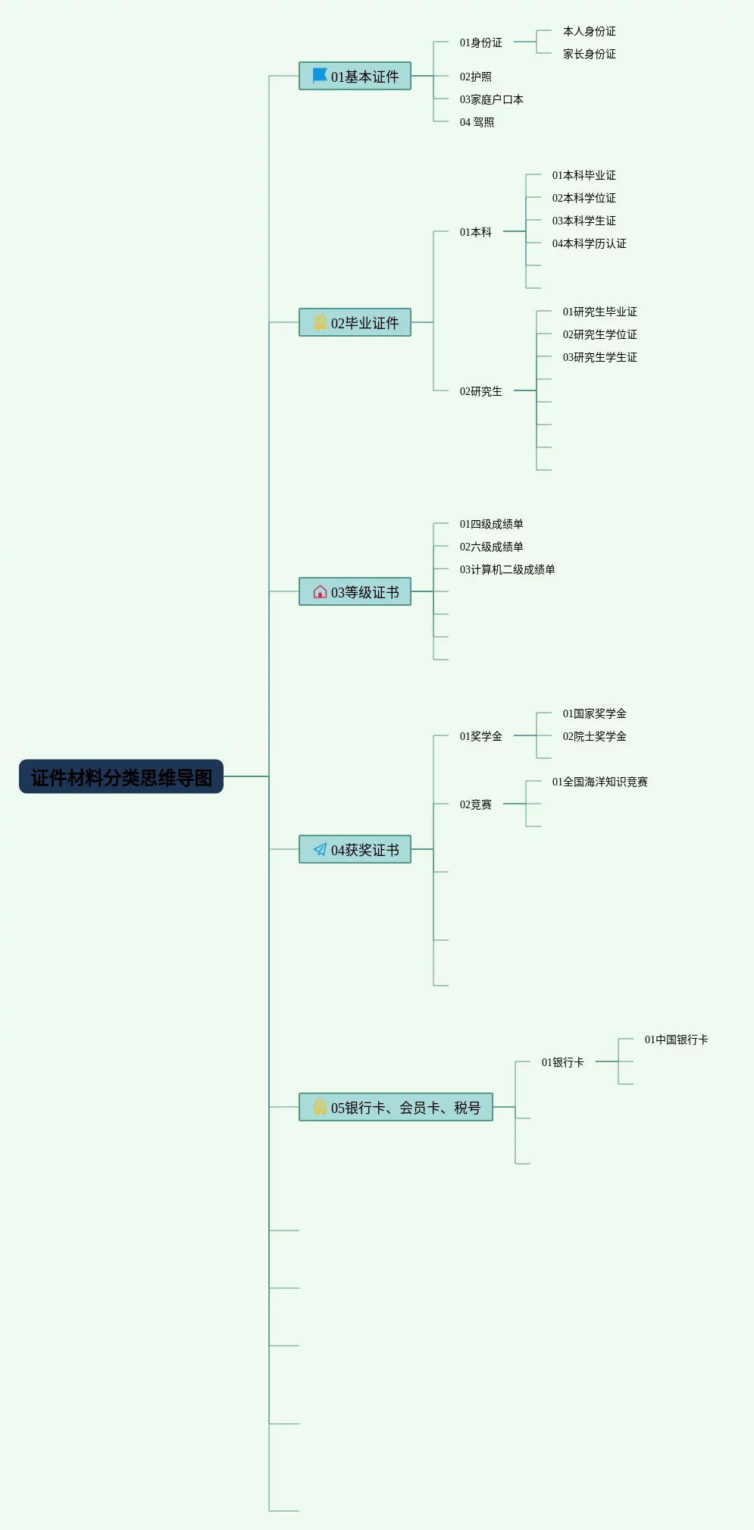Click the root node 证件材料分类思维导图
point(121,777)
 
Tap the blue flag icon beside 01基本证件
point(320,76)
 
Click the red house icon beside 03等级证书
point(320,591)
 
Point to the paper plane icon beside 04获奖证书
point(320,849)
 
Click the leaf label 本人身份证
point(589,31)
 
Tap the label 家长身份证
point(589,54)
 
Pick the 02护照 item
point(475,77)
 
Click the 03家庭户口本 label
point(491,99)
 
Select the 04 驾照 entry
point(477,122)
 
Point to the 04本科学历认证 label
point(589,243)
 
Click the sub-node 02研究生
point(480,391)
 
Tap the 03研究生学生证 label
point(599,357)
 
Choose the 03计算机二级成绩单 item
point(507,569)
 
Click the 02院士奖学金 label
point(594,736)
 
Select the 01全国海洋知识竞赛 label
point(599,782)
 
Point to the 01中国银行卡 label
point(676,1039)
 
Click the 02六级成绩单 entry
point(491,547)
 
